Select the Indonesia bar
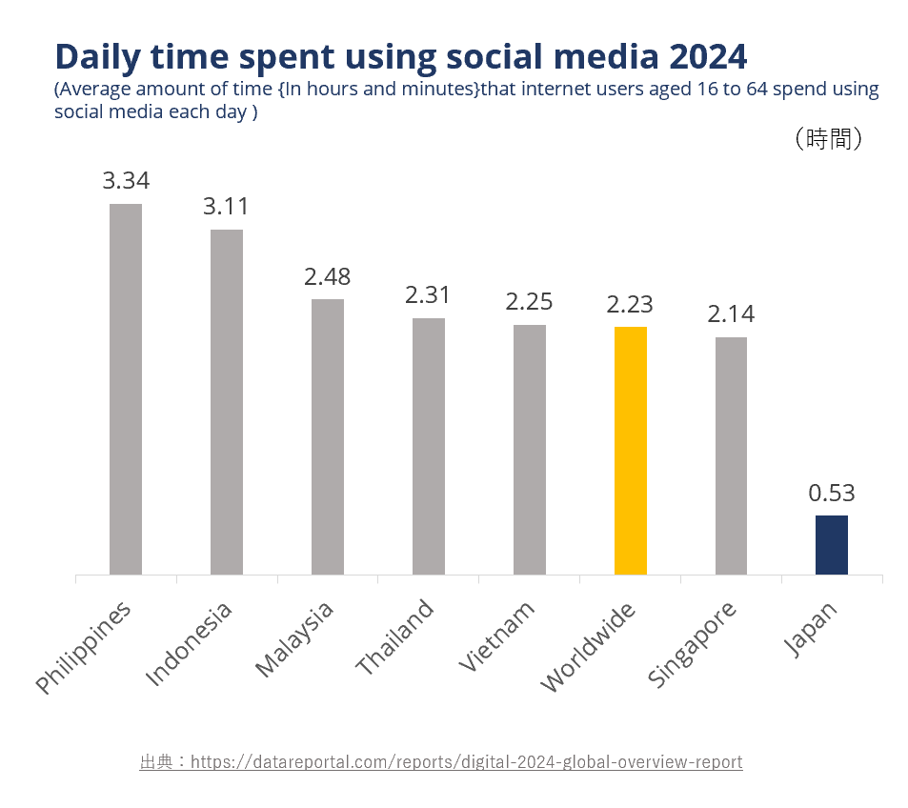point(227,401)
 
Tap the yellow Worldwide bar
point(631,450)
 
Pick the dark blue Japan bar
point(832,544)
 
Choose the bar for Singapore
point(732,455)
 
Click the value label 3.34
point(126,181)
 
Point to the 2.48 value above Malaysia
point(328,276)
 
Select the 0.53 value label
point(832,494)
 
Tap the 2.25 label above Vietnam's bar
point(530,302)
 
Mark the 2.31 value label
point(429,295)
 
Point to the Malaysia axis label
point(295,638)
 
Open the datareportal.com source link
point(466,762)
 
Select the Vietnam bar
point(530,449)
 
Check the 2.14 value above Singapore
point(732,314)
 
